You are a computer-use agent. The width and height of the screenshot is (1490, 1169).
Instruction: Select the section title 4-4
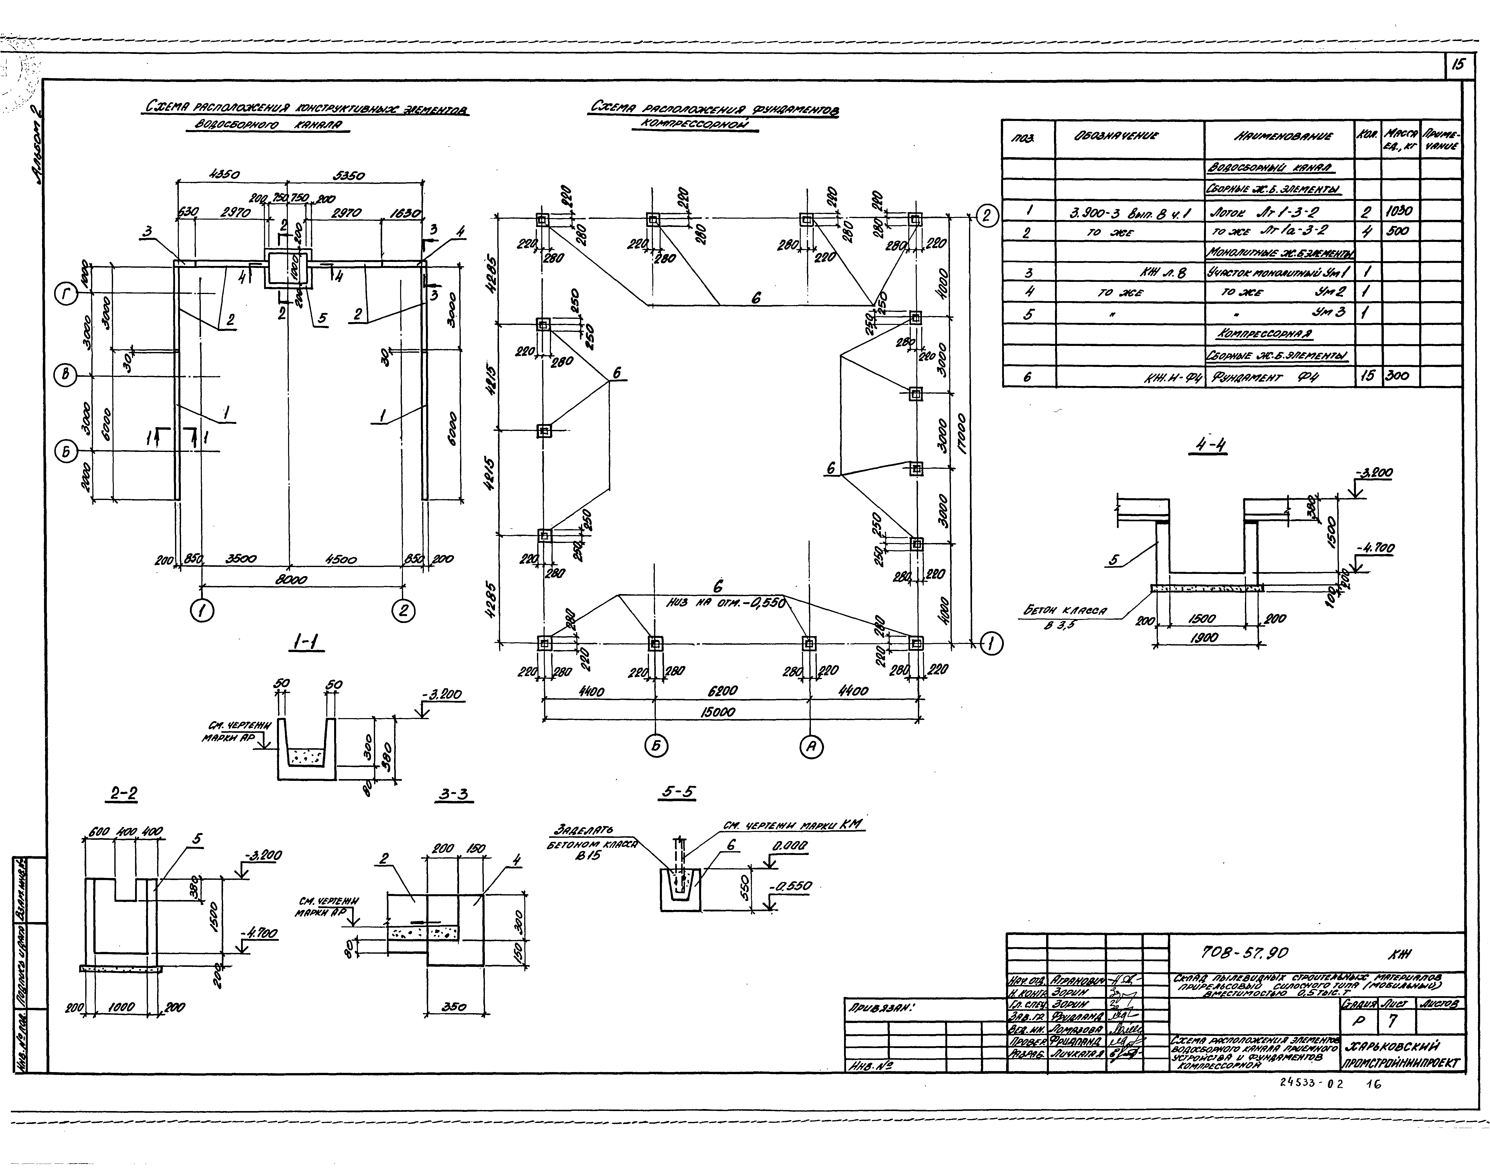1210,446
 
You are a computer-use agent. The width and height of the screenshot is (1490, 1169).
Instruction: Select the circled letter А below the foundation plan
811,747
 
